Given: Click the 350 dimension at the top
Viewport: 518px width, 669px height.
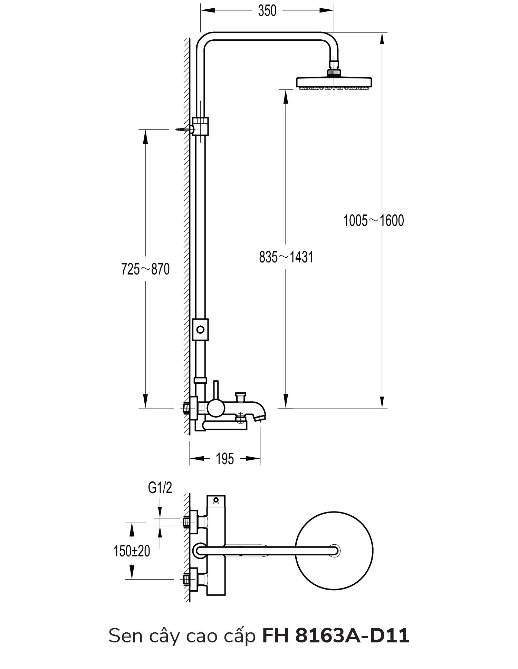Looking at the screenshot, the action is pyautogui.click(x=267, y=11).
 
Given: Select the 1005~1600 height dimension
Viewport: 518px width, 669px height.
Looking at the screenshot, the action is pyautogui.click(x=374, y=220).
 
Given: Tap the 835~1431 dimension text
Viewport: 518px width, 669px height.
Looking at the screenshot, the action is pyautogui.click(x=286, y=257).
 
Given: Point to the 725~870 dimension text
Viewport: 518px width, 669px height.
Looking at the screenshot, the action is pyautogui.click(x=145, y=269).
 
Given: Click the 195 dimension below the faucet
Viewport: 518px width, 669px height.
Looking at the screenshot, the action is pyautogui.click(x=225, y=459).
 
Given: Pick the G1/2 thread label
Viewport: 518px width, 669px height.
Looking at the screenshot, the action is pyautogui.click(x=160, y=488).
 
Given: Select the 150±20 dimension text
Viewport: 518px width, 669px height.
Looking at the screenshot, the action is pyautogui.click(x=132, y=551).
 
